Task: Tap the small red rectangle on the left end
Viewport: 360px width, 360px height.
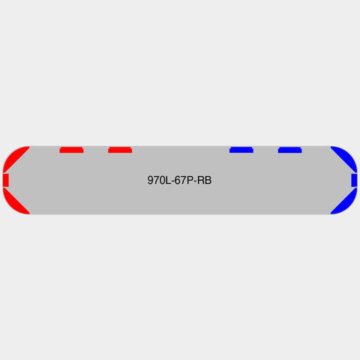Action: pos(6,180)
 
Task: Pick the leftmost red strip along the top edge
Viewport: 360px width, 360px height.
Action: pos(71,150)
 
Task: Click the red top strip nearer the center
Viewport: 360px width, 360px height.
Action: pos(120,150)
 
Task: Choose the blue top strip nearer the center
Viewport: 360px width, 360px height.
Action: pos(241,150)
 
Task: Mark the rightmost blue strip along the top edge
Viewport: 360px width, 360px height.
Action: pos(290,150)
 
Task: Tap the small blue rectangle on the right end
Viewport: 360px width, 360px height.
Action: pos(354,180)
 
